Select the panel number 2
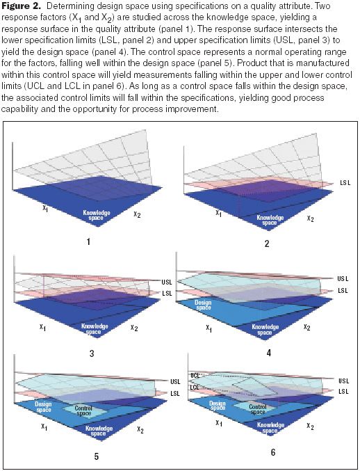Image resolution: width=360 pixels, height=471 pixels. click(x=266, y=244)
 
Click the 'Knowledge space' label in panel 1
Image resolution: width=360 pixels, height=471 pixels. click(x=99, y=215)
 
